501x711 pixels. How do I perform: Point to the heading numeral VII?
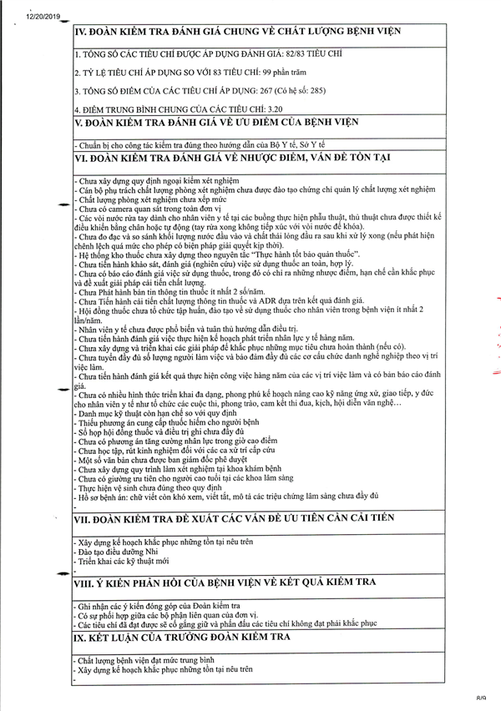pos(84,518)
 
